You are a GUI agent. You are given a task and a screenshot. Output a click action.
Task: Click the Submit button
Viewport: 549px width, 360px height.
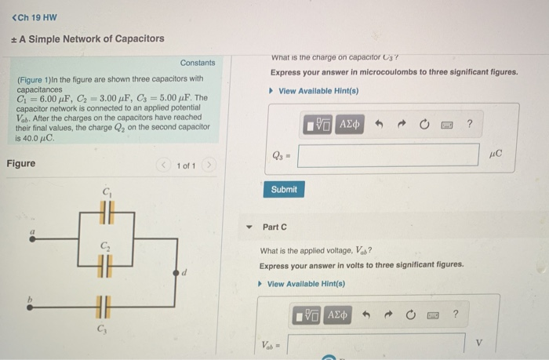point(284,190)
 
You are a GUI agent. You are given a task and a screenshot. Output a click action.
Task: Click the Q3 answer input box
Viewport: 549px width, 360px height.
point(387,155)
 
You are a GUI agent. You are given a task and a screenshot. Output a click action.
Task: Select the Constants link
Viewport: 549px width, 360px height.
point(198,63)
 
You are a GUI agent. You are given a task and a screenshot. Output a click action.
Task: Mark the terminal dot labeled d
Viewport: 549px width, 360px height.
point(177,271)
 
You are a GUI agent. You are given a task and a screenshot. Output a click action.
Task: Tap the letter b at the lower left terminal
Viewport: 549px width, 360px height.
point(32,300)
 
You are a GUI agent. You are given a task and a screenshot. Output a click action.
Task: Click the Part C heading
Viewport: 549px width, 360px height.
point(274,227)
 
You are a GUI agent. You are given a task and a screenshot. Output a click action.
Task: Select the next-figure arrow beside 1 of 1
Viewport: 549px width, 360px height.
point(209,166)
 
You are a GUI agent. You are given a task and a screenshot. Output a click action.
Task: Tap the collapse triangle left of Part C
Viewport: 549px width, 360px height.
point(249,227)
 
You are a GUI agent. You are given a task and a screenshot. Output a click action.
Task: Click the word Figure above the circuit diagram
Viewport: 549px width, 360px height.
point(20,164)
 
